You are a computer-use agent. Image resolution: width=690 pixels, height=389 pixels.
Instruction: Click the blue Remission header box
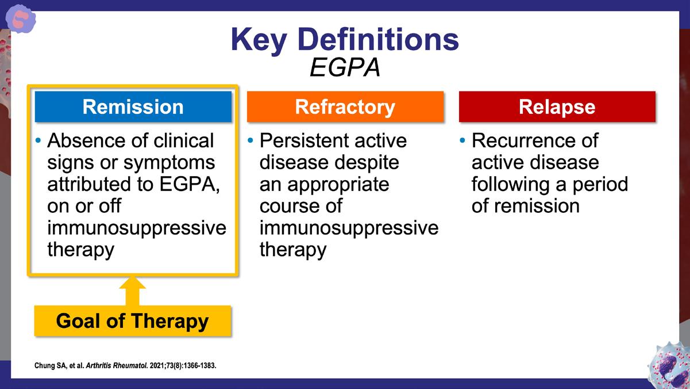133,106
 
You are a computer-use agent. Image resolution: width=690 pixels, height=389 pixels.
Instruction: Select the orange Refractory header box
345,106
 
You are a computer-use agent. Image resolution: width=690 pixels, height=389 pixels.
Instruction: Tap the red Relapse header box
557,106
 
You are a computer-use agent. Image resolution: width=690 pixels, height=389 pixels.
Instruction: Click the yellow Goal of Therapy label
132,321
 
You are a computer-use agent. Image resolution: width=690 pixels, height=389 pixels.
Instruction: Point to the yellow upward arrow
132,291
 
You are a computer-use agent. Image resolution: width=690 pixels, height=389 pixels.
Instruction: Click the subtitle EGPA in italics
345,68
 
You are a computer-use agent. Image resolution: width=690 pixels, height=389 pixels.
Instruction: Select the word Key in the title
259,40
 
